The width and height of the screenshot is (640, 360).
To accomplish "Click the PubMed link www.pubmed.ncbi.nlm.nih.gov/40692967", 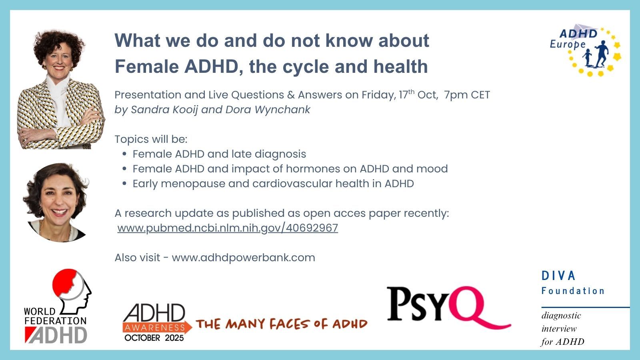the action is click(228, 228).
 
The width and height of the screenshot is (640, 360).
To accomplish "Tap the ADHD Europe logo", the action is click(586, 50).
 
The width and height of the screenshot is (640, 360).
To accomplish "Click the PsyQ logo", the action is click(448, 308).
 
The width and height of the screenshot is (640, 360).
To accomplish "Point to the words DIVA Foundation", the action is click(573, 283).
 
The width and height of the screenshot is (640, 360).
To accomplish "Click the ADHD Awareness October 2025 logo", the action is click(157, 322).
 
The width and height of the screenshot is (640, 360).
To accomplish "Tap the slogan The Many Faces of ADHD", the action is click(282, 324).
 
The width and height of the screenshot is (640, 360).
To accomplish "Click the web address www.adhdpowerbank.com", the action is click(244, 258).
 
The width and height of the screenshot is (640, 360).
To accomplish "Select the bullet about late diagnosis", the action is click(219, 154).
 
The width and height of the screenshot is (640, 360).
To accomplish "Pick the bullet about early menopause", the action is click(273, 184).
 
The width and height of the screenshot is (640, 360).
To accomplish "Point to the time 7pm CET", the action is click(467, 95).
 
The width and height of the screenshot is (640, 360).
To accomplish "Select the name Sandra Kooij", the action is click(164, 110).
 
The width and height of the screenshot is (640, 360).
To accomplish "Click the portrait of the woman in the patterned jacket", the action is click(61, 89).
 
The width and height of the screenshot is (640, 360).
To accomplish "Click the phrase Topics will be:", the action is click(151, 140).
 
